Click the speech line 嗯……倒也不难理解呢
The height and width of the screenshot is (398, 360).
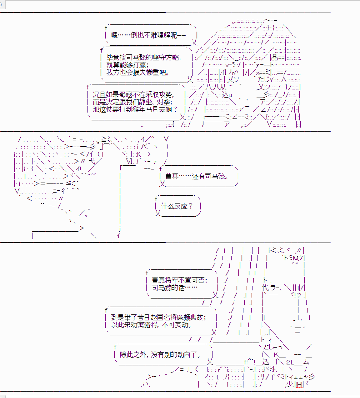point(148,35)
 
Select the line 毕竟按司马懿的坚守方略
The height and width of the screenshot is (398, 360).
point(144,58)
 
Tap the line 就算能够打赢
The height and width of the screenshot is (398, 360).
point(127,65)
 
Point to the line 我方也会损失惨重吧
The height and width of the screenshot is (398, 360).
point(138,72)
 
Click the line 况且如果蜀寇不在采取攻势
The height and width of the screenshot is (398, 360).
point(133,95)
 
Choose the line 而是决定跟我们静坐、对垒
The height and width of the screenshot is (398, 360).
point(132,102)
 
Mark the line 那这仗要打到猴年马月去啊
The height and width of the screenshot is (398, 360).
point(135,109)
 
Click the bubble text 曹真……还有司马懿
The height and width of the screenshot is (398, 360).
point(197,176)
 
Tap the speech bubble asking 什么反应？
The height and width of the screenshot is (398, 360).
point(177,206)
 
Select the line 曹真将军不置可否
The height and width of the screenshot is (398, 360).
point(180,280)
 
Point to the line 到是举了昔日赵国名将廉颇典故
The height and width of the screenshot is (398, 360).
point(158,318)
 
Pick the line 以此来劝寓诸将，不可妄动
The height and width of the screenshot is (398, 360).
point(151,325)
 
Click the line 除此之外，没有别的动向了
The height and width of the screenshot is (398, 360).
point(160,354)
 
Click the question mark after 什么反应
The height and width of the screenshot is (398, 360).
point(191,206)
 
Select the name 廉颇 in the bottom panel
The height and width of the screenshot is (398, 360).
point(184,318)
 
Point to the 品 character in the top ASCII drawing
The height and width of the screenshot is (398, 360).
point(274,57)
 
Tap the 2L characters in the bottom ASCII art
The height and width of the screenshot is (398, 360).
point(290,362)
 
